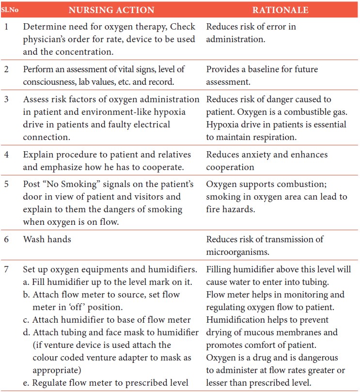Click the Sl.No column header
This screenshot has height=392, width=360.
(x=9, y=10)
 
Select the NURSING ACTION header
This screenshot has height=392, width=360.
(x=111, y=10)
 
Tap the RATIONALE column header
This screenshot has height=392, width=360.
(x=281, y=10)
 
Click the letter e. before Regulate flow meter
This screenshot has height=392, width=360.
(x=27, y=383)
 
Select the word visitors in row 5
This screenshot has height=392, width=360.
(x=149, y=197)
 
